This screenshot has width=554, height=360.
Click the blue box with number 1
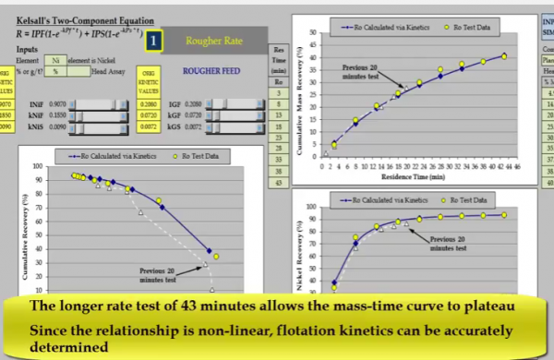(153, 40)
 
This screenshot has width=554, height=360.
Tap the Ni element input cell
(56, 59)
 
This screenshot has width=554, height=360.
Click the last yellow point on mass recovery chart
(504, 55)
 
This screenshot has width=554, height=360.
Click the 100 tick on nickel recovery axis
(311, 208)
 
